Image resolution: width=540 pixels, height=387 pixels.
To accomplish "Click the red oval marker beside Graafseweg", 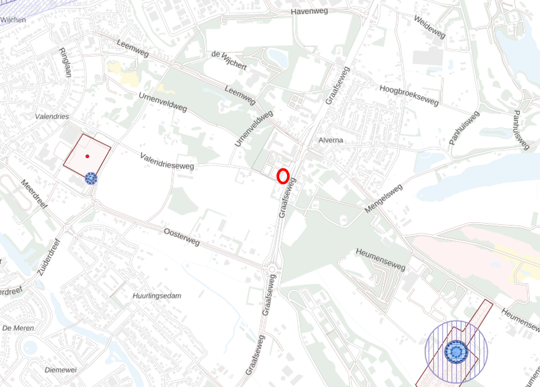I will tap(283, 176).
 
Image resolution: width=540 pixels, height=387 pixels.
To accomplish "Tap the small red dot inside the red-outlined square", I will tap(87, 156).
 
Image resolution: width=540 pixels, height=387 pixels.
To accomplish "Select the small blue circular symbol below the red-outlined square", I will tap(91, 179).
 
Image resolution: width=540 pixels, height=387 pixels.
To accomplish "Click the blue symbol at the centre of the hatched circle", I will tap(456, 352).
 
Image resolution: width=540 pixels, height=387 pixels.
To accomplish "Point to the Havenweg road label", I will tap(309, 12).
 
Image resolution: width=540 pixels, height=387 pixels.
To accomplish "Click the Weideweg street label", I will tap(429, 27).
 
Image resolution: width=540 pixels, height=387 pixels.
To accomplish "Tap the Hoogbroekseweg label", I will tap(409, 95).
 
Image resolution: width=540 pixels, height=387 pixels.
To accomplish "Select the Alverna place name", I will tap(331, 140).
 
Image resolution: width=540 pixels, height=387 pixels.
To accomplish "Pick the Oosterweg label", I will tap(182, 237).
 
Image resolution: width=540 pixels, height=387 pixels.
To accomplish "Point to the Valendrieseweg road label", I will tap(167, 161).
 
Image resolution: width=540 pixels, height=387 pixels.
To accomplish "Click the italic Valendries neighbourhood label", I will tap(52, 116).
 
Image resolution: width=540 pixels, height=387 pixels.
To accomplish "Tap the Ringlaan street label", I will tap(65, 62).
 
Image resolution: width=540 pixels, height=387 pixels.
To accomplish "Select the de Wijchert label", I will tap(229, 61).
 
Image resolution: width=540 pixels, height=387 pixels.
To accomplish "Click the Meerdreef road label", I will tap(34, 194).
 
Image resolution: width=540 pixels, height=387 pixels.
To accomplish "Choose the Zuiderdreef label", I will tap(49, 258).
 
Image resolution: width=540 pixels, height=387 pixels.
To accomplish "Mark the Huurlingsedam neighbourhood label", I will tap(157, 296).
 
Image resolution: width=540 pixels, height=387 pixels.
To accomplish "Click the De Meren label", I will tap(18, 328).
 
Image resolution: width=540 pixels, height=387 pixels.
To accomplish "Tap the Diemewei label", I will tap(60, 370).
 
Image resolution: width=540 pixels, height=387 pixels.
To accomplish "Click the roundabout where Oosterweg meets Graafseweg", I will tap(272, 270).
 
